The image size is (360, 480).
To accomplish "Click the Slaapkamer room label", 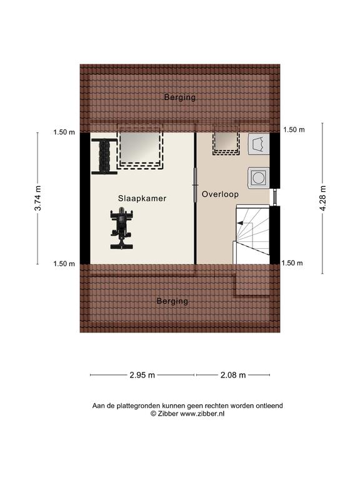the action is pyautogui.click(x=142, y=198).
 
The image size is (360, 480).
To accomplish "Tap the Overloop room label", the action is pyautogui.click(x=220, y=194).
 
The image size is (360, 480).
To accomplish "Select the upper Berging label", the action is pyautogui.click(x=180, y=97).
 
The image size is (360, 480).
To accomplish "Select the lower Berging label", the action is pyautogui.click(x=172, y=301).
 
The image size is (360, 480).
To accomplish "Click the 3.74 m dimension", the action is pyautogui.click(x=38, y=198).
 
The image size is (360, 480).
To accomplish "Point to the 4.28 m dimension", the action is pyautogui.click(x=322, y=198).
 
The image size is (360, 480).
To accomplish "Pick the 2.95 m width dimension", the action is pyautogui.click(x=142, y=375).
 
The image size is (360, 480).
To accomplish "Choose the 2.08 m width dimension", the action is pyautogui.click(x=233, y=375).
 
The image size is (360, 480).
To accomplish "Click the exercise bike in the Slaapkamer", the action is pyautogui.click(x=121, y=228).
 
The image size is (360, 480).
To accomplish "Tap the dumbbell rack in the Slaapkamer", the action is pyautogui.click(x=104, y=156).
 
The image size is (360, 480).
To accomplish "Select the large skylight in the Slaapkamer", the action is pyautogui.click(x=140, y=147).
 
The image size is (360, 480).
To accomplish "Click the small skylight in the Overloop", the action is pyautogui.click(x=226, y=139).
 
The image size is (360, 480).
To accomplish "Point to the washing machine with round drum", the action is pyautogui.click(x=258, y=177).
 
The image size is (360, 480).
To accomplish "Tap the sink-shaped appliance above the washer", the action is pyautogui.click(x=259, y=144).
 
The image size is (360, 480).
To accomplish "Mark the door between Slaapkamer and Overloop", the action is pyautogui.click(x=195, y=185).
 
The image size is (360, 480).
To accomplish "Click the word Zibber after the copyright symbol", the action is pyautogui.click(x=168, y=414).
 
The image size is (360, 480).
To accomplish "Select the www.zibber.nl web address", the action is pyautogui.click(x=202, y=414).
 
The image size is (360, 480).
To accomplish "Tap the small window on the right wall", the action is pyautogui.click(x=275, y=197).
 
